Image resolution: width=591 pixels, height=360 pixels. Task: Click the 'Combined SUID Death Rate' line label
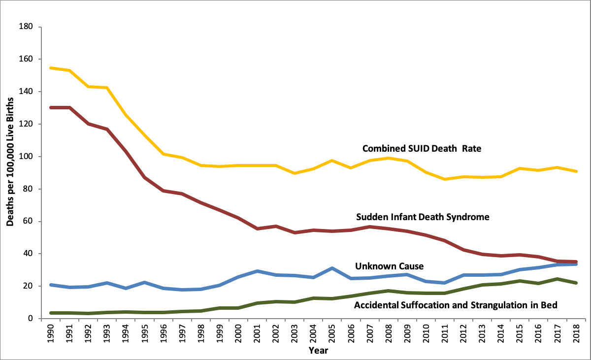[x=422, y=148]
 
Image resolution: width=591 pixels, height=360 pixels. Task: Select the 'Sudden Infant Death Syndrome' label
[x=422, y=217]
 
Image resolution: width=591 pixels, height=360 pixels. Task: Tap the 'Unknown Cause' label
[x=389, y=266]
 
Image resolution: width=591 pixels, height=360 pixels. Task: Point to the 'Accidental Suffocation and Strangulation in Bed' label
[x=456, y=305]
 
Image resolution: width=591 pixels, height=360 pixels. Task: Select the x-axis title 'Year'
[x=319, y=351]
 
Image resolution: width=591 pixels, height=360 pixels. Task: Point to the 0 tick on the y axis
[x=30, y=319]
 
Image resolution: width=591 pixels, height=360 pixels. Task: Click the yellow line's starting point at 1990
[x=51, y=68]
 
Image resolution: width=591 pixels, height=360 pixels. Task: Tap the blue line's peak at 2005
[x=332, y=268]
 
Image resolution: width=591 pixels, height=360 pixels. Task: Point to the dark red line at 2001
[x=257, y=229]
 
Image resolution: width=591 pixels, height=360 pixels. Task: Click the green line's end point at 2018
[x=575, y=283]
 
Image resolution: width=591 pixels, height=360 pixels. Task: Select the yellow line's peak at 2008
[x=388, y=158]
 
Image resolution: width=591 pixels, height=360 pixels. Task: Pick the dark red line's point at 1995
[x=145, y=177]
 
